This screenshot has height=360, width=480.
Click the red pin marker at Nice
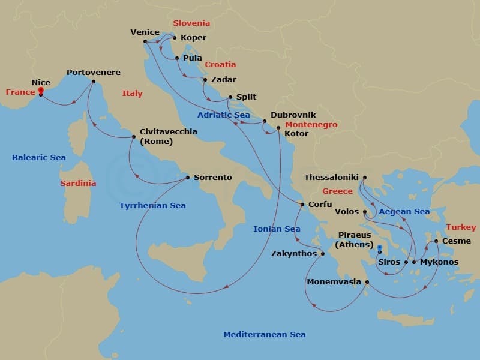coord(41,91)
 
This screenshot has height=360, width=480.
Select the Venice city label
coord(145,32)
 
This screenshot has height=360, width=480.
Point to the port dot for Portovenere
coord(94,82)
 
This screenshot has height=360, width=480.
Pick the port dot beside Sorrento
coord(188,178)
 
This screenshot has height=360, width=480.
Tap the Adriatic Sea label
coord(224,115)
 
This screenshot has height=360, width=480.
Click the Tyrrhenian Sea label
coord(152,205)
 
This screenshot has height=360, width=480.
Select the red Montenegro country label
coord(311,125)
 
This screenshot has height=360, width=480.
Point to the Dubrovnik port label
coord(293,115)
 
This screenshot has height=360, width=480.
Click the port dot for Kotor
coord(278,127)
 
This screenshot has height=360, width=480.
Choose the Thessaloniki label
coord(331,178)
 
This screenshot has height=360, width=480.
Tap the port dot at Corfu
coord(302,205)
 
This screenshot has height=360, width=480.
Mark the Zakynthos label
coord(294,253)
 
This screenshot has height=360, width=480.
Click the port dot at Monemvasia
coord(367,281)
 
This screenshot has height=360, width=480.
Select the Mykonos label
coord(439,262)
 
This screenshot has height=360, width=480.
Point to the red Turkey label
coord(461,227)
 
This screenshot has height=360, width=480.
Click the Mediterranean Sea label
coord(264,335)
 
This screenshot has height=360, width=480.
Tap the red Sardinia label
coord(77,184)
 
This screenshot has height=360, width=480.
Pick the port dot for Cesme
coord(436,242)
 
